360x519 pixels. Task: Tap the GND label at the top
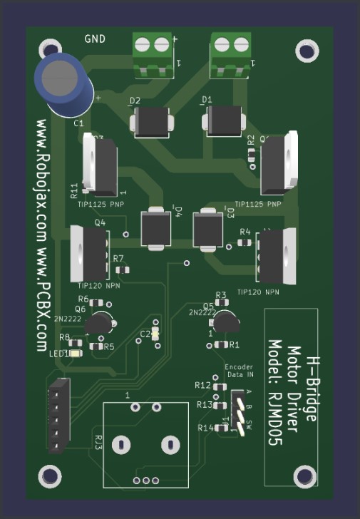[96, 39]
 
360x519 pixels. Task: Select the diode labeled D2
[152, 122]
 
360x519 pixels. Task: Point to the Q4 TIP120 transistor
[90, 253]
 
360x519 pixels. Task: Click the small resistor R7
[122, 269]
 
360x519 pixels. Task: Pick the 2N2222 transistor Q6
[99, 324]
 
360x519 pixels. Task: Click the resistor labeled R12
[217, 386]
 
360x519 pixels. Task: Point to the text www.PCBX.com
[43, 299]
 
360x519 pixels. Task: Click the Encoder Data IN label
[239, 370]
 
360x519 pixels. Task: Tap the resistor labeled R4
[245, 242]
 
